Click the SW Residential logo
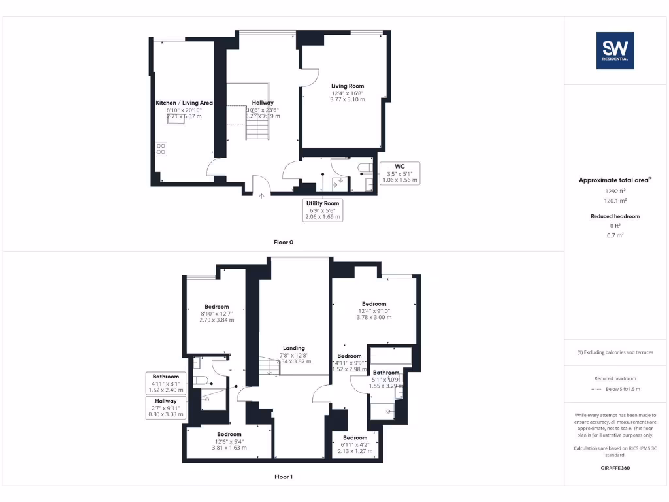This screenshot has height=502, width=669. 615,50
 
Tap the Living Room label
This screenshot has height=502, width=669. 348,86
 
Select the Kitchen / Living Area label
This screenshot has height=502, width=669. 184,103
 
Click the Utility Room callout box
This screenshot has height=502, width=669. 323,209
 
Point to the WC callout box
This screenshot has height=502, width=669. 400,173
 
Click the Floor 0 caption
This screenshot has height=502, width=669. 284,243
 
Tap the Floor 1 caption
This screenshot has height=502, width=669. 284,477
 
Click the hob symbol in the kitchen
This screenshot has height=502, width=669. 161,148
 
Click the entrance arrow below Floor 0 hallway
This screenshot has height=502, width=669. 262,193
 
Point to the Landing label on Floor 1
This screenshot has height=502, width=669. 294,348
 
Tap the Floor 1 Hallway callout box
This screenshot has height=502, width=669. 166,407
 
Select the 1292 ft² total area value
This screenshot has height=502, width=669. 615,192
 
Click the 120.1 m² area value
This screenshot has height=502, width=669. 615,201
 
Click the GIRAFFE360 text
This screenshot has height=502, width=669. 615,468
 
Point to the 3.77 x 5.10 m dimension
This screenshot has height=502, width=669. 348,99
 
